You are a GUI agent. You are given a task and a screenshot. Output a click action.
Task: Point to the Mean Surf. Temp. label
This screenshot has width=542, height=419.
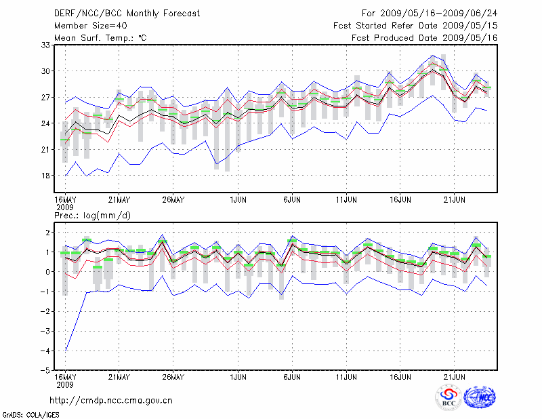coord(100,38)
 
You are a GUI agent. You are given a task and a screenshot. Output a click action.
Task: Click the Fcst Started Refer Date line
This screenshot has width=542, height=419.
coord(415,26)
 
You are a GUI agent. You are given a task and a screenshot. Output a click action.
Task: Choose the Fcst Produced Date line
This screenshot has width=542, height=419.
coord(425,38)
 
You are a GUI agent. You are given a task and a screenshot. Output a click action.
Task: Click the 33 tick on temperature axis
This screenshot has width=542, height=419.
coord(46,45)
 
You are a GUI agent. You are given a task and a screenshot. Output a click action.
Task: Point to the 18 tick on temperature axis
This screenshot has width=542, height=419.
coord(46,176)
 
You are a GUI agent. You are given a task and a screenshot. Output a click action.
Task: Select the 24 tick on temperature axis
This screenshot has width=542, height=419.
coord(46,123)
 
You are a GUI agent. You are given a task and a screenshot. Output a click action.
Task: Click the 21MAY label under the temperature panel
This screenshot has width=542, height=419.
coord(119,200)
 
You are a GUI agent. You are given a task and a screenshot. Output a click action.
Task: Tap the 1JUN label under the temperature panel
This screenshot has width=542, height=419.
coord(238,200)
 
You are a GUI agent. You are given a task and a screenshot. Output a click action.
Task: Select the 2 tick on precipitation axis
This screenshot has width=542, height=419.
coord(47,233)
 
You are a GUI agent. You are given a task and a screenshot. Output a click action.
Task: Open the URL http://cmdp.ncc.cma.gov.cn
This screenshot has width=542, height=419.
coord(112,401)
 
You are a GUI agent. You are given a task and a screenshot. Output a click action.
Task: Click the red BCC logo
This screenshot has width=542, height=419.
coord(449,397)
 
